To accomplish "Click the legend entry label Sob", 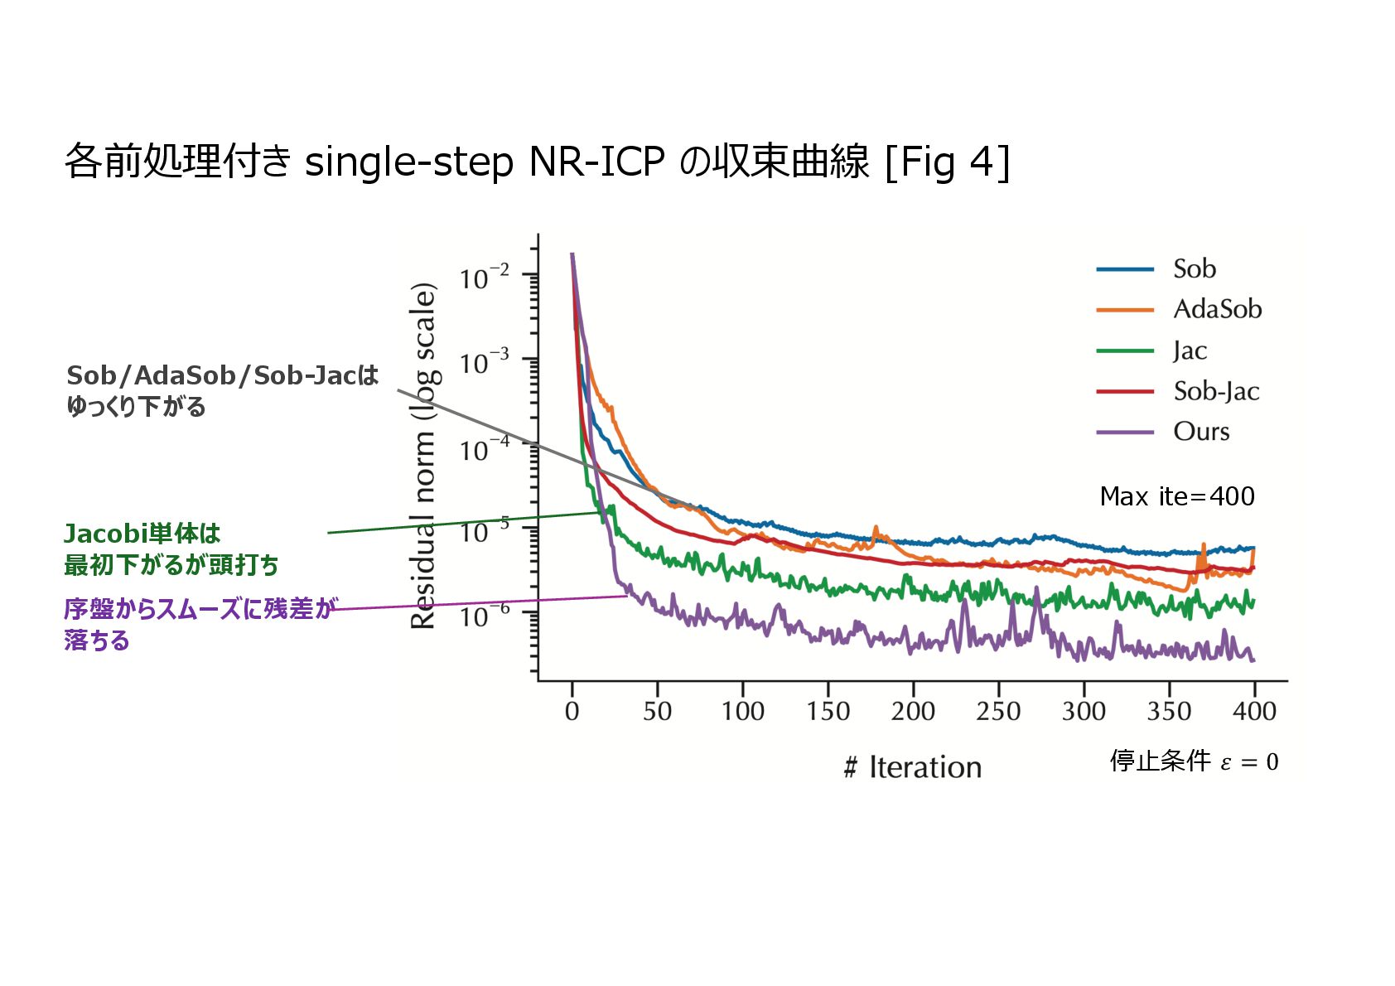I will click(1194, 268).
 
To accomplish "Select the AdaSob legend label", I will click(1217, 309).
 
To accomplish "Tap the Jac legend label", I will click(1190, 350).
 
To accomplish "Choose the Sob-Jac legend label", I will click(1216, 391).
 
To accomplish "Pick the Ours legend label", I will click(1201, 432).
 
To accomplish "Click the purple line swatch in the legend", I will click(1124, 433).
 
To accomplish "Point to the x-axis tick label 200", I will click(913, 711).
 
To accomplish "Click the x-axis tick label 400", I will click(1254, 711).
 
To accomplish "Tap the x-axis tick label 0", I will click(572, 711).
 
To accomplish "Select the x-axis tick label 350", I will click(1169, 711).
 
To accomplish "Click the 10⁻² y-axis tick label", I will click(485, 278).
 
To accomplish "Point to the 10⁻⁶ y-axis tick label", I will click(485, 616).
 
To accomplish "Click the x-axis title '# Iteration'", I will click(912, 767).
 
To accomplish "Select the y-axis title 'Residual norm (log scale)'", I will click(424, 456).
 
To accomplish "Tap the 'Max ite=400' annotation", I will click(1176, 496).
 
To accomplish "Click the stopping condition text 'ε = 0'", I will click(1249, 761).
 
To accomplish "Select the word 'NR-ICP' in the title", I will click(596, 162).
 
